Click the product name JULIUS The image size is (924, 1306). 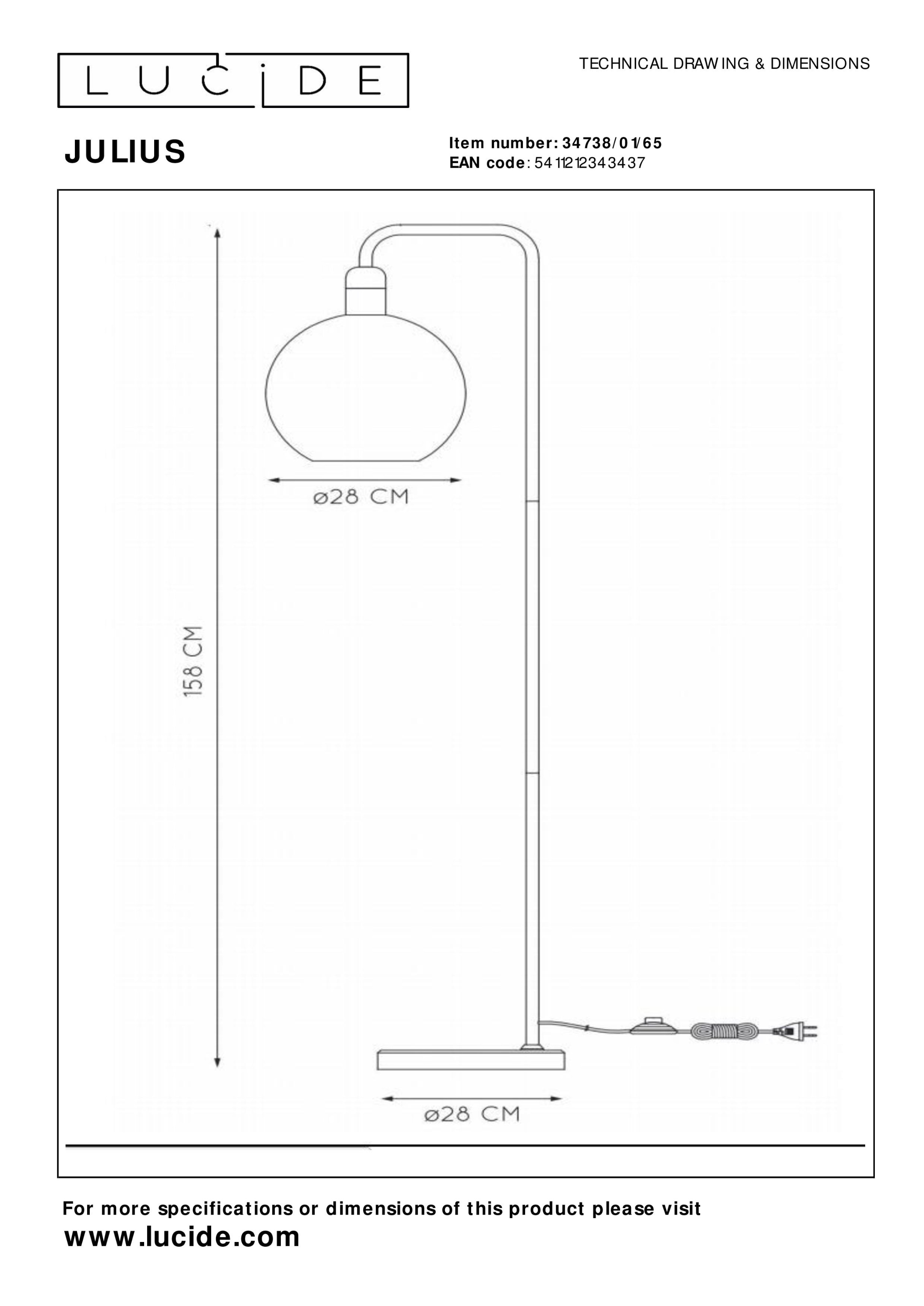(125, 152)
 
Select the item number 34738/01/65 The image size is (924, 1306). (612, 143)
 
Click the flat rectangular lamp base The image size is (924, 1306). (471, 1059)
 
